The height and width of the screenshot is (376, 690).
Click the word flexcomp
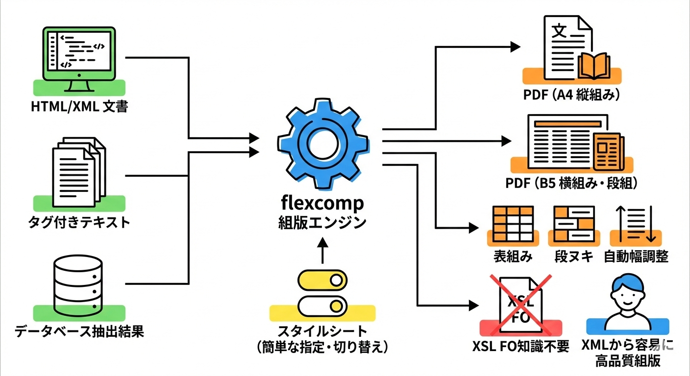(x=322, y=203)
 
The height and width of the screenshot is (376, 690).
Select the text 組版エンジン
(x=322, y=222)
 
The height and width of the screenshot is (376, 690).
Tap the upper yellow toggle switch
(x=322, y=280)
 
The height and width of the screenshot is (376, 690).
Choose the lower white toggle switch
(x=322, y=305)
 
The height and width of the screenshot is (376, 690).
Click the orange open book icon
(x=593, y=66)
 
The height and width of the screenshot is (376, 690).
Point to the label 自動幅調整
(x=636, y=256)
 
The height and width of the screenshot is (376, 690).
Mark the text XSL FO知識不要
(x=521, y=346)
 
